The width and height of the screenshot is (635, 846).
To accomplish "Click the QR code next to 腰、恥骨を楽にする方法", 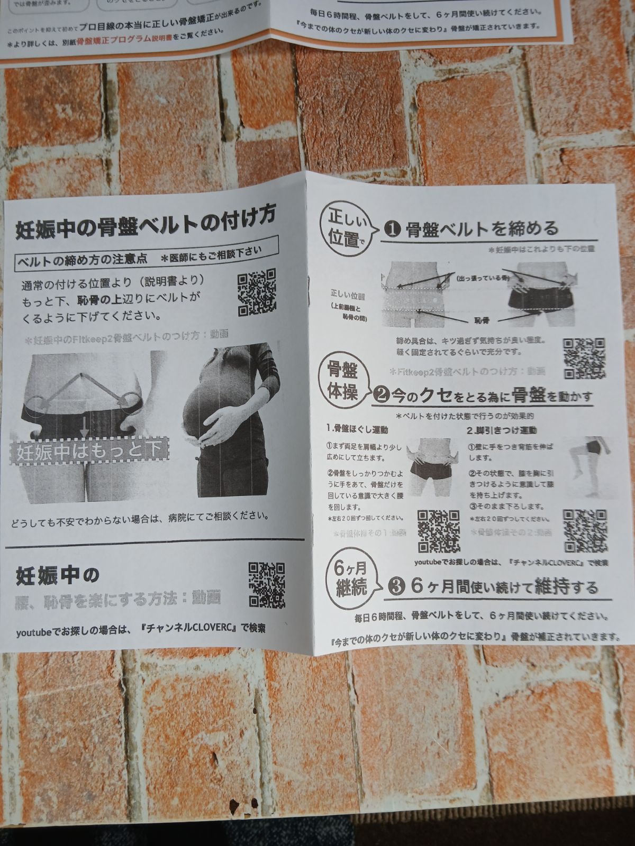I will [267, 584].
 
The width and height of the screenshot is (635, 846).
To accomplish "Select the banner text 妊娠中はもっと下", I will [89, 452].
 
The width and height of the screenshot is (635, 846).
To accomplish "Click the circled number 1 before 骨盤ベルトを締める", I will [392, 229].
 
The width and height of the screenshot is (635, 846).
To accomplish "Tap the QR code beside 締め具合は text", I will [584, 358].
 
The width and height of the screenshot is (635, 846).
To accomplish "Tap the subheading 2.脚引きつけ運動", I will [501, 430].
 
